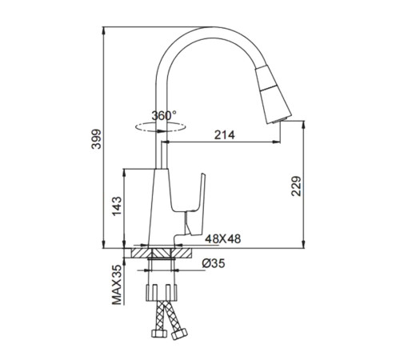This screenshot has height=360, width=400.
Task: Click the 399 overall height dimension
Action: [96, 139]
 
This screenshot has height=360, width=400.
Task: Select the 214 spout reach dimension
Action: [225, 135]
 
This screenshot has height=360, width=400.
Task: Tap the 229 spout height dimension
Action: [296, 186]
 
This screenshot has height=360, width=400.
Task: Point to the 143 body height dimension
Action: [117, 206]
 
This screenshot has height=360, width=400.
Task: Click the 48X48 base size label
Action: [222, 238]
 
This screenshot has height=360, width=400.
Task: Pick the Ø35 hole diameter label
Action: [214, 263]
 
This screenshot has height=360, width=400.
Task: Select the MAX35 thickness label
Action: [117, 285]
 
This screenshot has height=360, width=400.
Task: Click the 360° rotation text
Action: [164, 115]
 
